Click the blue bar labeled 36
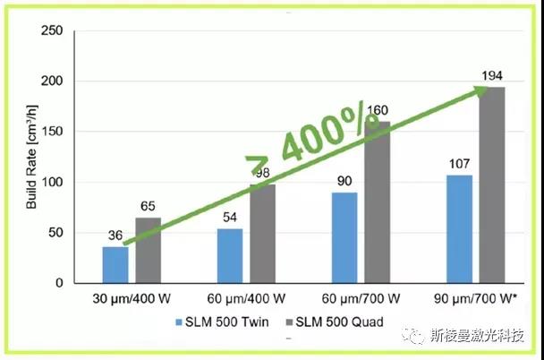115,264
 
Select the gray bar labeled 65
148,250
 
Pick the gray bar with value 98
263,234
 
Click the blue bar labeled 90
343,237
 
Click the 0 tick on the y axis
57,283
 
